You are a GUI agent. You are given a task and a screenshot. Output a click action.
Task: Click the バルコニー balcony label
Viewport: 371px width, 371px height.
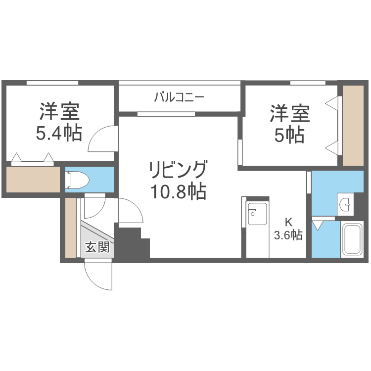click(179, 97)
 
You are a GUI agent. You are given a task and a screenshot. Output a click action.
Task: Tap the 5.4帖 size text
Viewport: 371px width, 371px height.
click(59, 134)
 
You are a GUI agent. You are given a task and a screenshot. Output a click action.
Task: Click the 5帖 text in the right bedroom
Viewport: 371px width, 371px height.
click(289, 135)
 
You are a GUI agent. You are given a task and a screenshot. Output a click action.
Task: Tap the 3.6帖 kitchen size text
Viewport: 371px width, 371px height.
click(288, 235)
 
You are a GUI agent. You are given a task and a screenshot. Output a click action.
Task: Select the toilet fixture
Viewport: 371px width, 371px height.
click(76, 180)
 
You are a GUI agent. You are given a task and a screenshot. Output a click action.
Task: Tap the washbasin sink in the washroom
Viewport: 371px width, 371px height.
click(345, 203)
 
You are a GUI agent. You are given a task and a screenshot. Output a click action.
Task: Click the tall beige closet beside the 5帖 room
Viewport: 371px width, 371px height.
click(353, 126)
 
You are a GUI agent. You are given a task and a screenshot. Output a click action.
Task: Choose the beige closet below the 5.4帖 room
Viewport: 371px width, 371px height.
click(33, 179)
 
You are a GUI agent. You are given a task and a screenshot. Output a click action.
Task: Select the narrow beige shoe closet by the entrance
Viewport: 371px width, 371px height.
click(71, 228)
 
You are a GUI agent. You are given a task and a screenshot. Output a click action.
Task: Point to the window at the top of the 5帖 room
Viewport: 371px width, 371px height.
click(307, 83)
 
